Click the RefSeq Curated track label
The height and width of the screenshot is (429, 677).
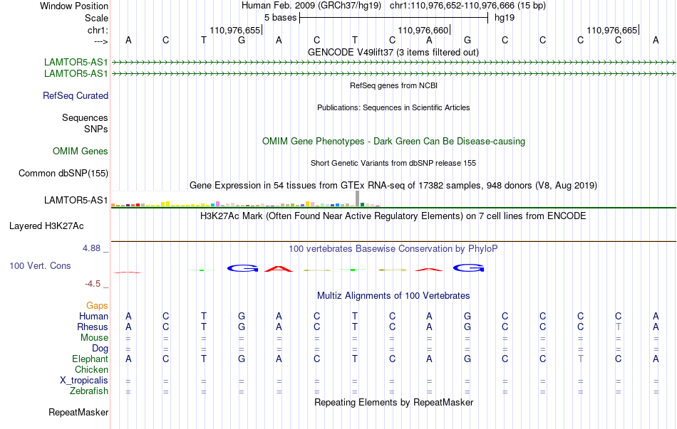coord(76,96)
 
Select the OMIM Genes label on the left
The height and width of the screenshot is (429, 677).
coord(81,152)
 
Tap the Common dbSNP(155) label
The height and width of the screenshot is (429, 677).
coord(63,174)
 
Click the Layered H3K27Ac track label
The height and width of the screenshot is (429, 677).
coord(46,226)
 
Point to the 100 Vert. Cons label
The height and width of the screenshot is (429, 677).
coord(40,265)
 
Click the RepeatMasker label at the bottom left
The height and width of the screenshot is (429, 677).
coord(78,412)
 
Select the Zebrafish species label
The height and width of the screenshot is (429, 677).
coord(89,391)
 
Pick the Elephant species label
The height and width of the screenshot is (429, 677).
coord(91,359)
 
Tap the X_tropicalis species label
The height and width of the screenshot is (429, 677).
coord(84,381)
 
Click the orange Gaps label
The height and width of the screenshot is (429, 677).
coord(97,306)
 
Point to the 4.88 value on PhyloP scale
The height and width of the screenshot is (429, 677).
coord(91,248)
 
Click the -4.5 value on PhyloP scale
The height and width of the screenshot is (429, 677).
coord(93,284)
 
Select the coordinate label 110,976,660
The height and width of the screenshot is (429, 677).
coord(423,30)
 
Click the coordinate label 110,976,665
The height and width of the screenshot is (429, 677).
coord(612,30)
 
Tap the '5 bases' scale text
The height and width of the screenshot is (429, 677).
coord(281,18)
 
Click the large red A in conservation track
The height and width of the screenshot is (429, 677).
coord(279,269)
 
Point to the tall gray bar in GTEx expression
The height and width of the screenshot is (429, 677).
coord(358,198)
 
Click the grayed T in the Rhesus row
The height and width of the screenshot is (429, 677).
coord(619,327)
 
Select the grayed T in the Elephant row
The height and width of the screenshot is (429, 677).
coord(580,359)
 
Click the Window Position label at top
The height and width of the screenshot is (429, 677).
coord(74,6)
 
